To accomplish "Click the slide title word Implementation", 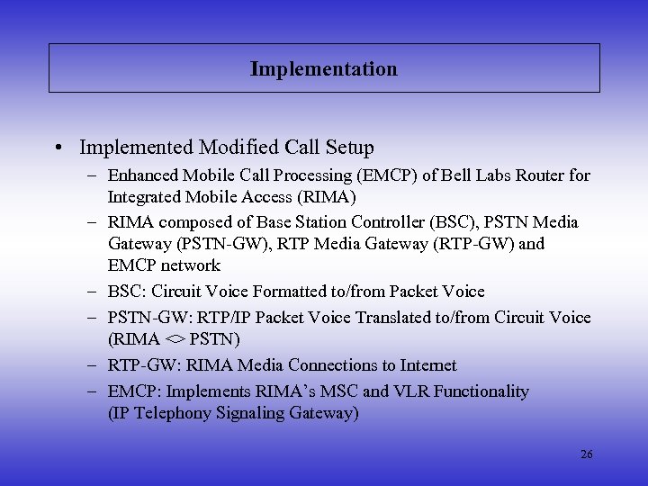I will pyautogui.click(x=323, y=68).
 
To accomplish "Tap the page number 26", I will pyautogui.click(x=586, y=454).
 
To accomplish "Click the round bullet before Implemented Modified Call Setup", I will pyautogui.click(x=58, y=148).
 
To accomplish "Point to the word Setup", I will pyautogui.click(x=347, y=147).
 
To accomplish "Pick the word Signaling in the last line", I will pyautogui.click(x=229, y=413).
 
